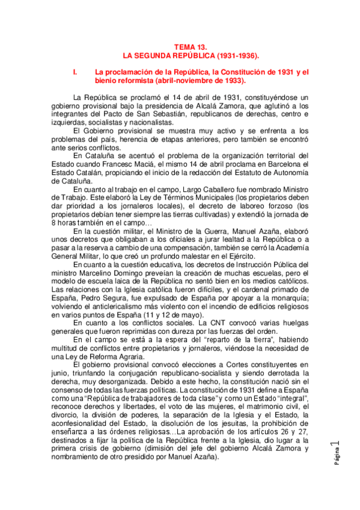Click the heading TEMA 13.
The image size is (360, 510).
tap(191, 46)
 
